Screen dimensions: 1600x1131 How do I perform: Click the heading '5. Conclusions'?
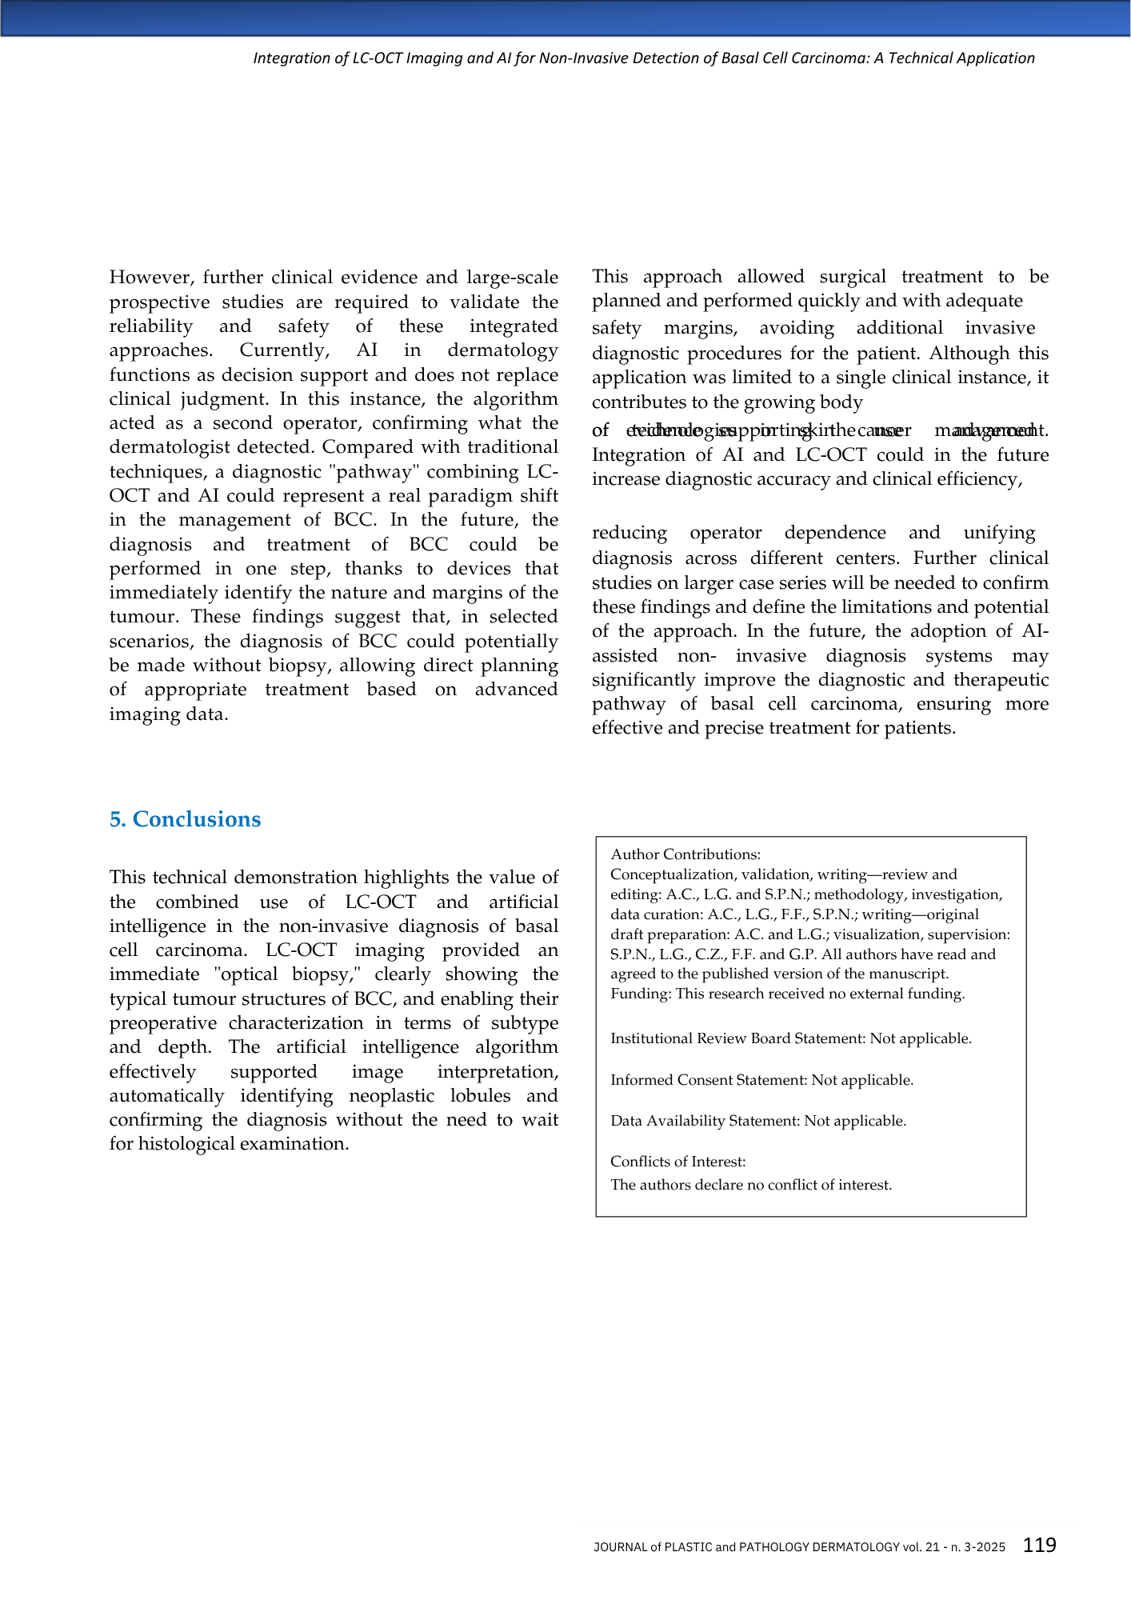tap(185, 819)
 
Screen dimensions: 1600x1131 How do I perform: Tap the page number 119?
tap(1040, 1545)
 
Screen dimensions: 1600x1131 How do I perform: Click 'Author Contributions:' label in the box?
tap(685, 854)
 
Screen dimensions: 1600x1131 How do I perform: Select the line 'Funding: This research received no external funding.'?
tap(787, 994)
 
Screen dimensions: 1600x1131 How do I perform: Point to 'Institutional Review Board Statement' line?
tap(790, 1038)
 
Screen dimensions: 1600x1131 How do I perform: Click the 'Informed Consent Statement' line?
tap(761, 1080)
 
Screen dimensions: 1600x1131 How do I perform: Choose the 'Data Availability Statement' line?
tap(757, 1121)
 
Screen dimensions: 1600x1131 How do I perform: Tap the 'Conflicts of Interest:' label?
tap(677, 1162)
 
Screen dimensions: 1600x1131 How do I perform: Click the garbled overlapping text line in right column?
tap(819, 430)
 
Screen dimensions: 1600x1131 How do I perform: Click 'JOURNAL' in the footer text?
tap(621, 1547)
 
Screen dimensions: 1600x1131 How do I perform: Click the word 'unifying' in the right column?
tap(999, 533)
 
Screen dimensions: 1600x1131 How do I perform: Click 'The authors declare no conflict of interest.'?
tap(750, 1185)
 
